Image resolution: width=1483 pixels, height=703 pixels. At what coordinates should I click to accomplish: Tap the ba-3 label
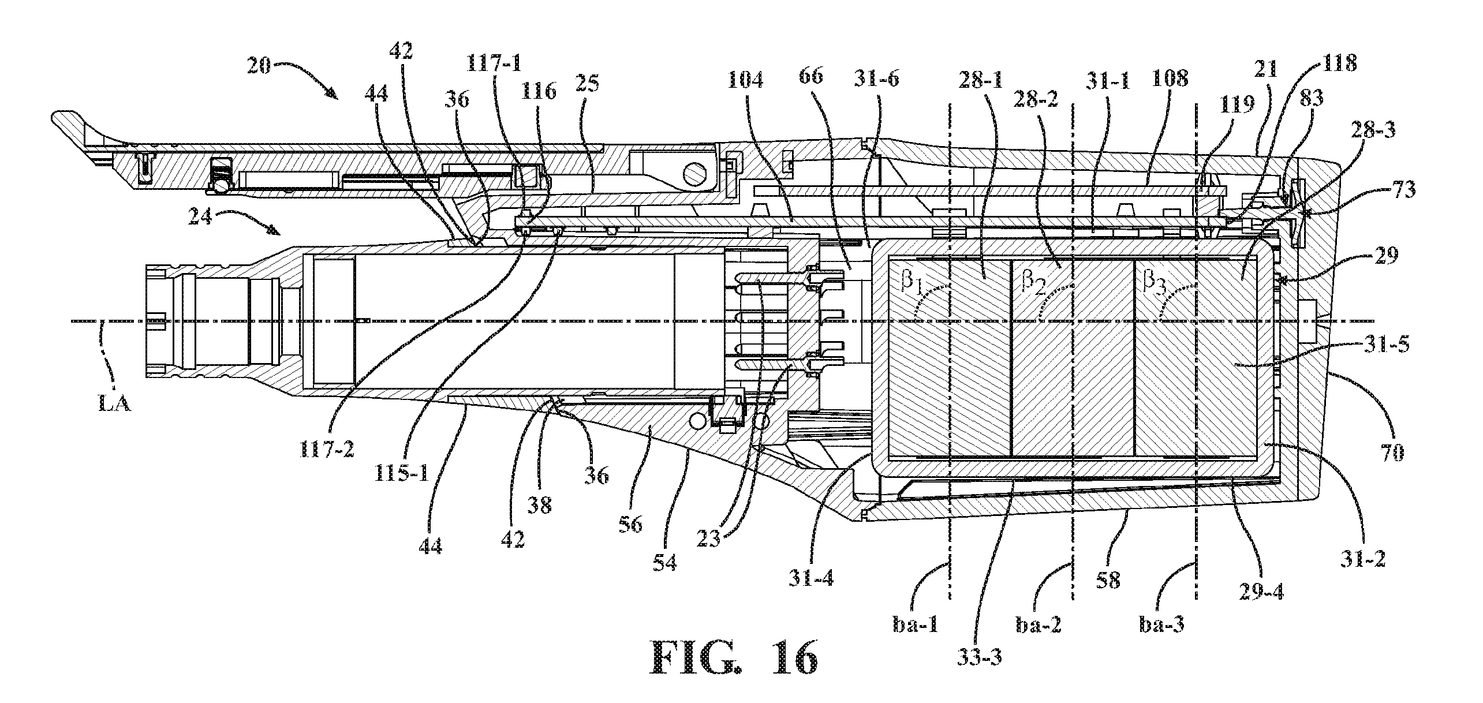point(1161,624)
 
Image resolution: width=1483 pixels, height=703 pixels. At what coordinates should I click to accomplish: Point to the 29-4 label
point(1258,592)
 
